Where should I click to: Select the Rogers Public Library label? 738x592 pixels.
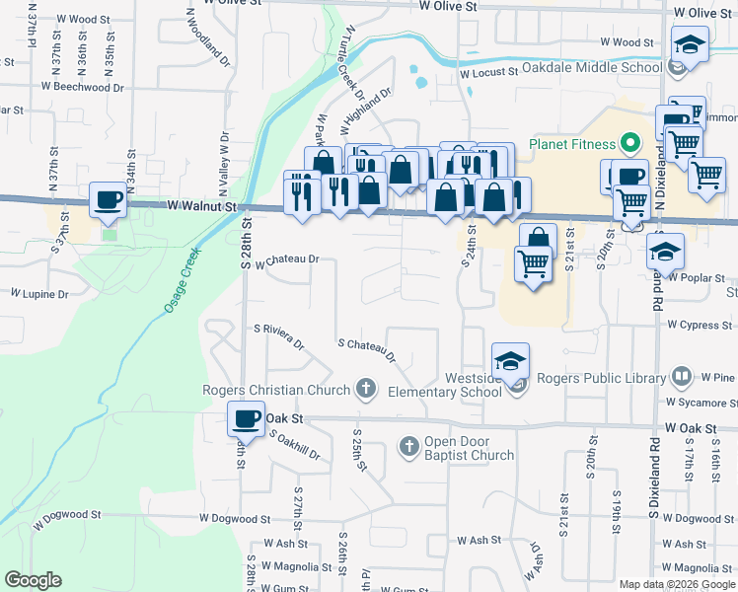603,378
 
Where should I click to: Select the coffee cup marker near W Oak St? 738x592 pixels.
247,417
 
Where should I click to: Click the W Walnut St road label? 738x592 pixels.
203,206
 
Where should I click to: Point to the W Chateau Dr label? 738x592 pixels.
288,260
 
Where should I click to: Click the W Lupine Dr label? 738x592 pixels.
39,294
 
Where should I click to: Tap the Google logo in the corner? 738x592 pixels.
33,580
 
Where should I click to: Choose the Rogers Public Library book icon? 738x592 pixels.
682,377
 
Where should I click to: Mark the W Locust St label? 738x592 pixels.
488,72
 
